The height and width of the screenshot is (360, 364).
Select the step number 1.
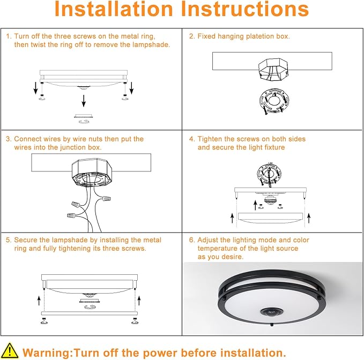8,36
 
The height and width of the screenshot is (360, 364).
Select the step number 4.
191,139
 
